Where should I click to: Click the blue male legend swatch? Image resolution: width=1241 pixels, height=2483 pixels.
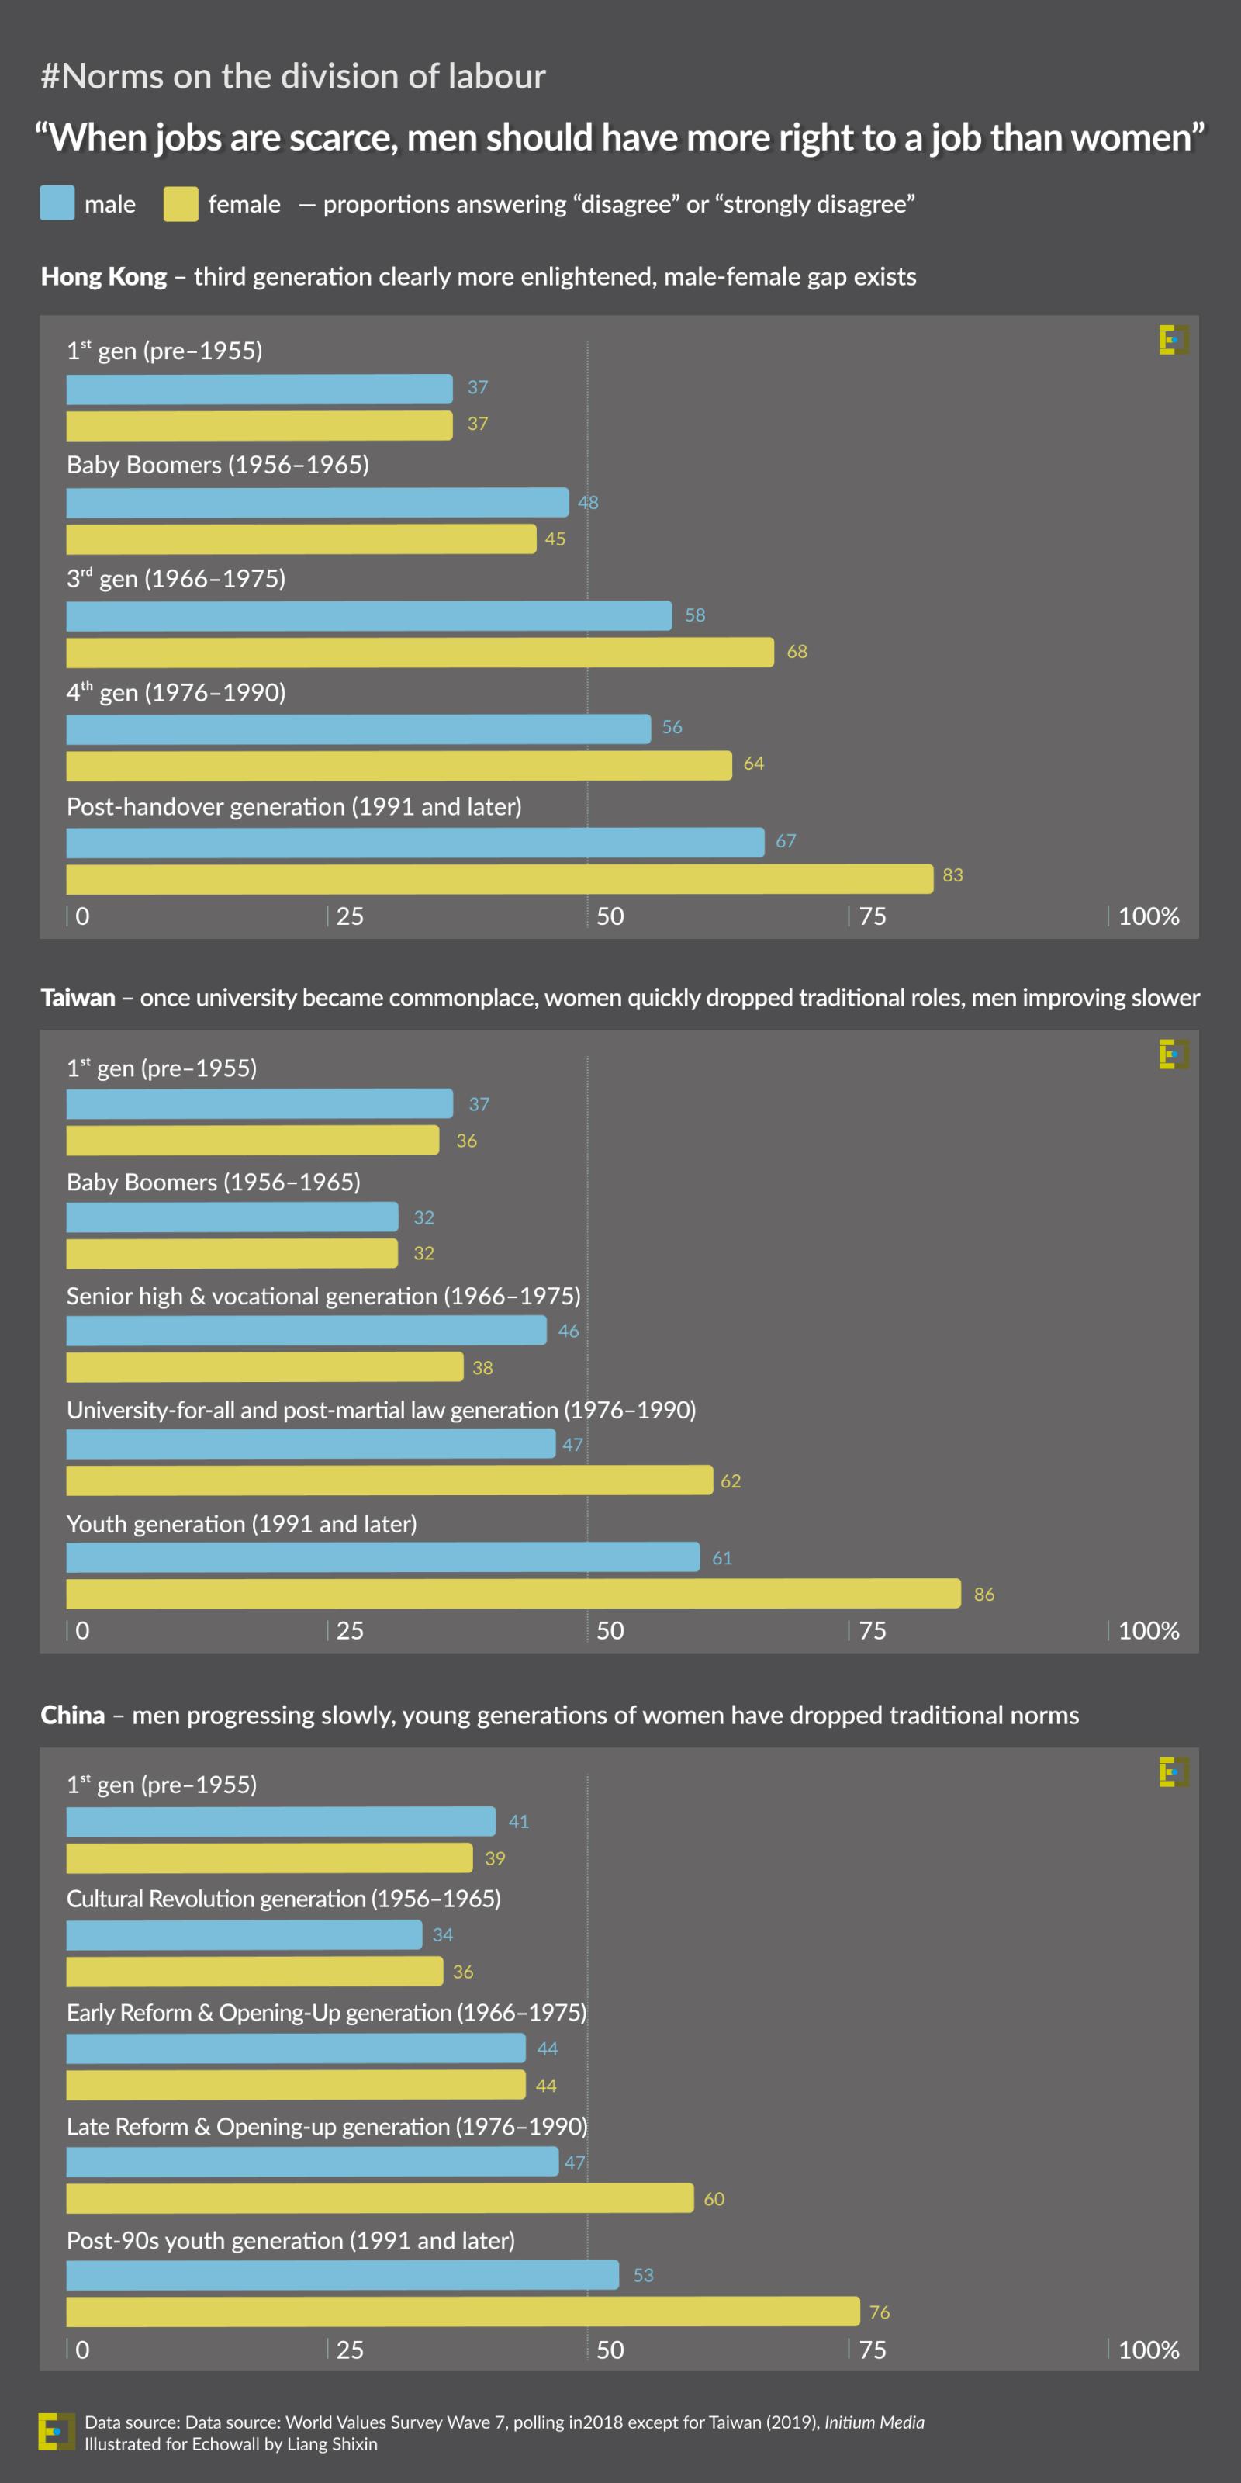pyautogui.click(x=57, y=203)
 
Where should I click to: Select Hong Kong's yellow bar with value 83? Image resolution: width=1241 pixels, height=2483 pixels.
pyautogui.click(x=499, y=878)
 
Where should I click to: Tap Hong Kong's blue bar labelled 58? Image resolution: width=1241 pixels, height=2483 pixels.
pyautogui.click(x=369, y=615)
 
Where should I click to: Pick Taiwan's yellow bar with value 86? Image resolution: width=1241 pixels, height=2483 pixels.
pyautogui.click(x=513, y=1593)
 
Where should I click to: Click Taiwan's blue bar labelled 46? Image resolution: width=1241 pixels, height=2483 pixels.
pyautogui.click(x=306, y=1330)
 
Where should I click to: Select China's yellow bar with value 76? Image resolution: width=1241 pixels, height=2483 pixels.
pyautogui.click(x=462, y=2311)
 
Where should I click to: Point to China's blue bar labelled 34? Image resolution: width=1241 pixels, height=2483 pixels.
pyautogui.click(x=244, y=1934)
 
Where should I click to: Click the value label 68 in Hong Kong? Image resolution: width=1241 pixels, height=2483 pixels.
pyautogui.click(x=797, y=652)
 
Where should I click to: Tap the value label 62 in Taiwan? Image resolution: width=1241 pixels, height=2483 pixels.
pyautogui.click(x=731, y=1480)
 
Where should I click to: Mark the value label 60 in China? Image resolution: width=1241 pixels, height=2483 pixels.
pyautogui.click(x=714, y=2199)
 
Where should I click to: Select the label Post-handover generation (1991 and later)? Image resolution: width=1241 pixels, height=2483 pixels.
pyautogui.click(x=294, y=806)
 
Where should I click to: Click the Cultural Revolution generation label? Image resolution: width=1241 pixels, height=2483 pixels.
pyautogui.click(x=283, y=1898)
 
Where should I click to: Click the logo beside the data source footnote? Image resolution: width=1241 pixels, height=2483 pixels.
pyautogui.click(x=56, y=2431)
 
